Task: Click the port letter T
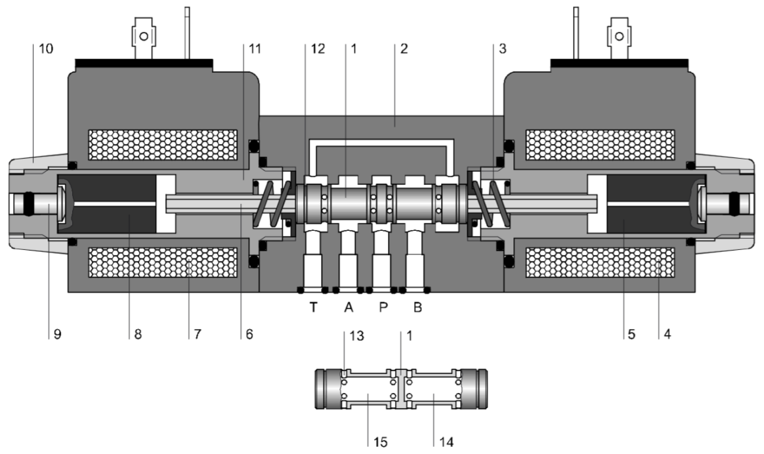[314, 308]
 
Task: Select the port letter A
[349, 308]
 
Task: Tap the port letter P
[383, 308]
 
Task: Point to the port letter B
[417, 308]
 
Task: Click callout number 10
[46, 49]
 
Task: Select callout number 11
[255, 49]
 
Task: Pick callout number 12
[318, 49]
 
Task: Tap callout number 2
[404, 49]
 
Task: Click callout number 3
[502, 49]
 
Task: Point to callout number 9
[58, 334]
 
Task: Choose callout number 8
[138, 334]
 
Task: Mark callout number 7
[198, 334]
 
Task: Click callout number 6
[249, 334]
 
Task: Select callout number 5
[631, 334]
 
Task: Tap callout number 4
[668, 334]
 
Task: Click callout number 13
[356, 336]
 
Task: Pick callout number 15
[381, 442]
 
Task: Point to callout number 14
[446, 442]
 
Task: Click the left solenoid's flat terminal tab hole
[144, 36]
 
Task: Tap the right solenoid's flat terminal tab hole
[620, 36]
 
